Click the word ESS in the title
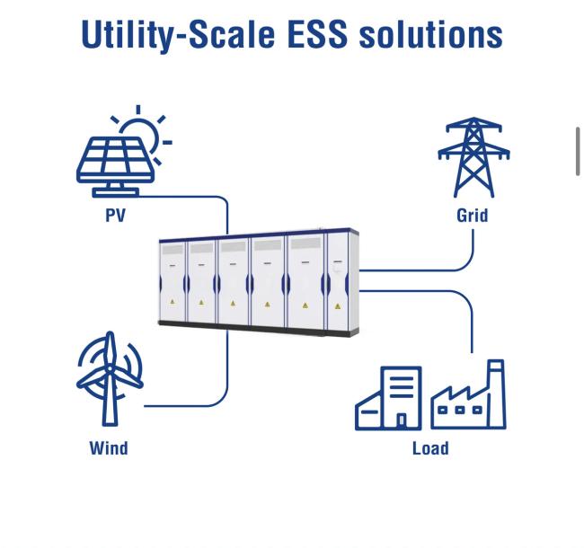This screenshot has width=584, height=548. (x=318, y=34)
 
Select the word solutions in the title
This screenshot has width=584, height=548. (x=431, y=34)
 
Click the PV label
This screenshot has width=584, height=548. (x=116, y=216)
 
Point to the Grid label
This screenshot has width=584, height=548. (x=473, y=216)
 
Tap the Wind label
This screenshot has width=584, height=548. (x=109, y=448)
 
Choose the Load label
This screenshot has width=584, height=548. (x=430, y=448)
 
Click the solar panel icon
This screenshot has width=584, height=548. (x=116, y=166)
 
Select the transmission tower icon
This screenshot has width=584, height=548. (x=473, y=157)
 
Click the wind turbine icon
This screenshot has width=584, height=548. (x=110, y=378)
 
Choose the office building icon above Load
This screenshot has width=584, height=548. (x=388, y=398)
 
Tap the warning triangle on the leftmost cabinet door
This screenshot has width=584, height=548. (x=173, y=302)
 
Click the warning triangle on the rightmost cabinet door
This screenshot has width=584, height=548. (x=338, y=306)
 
